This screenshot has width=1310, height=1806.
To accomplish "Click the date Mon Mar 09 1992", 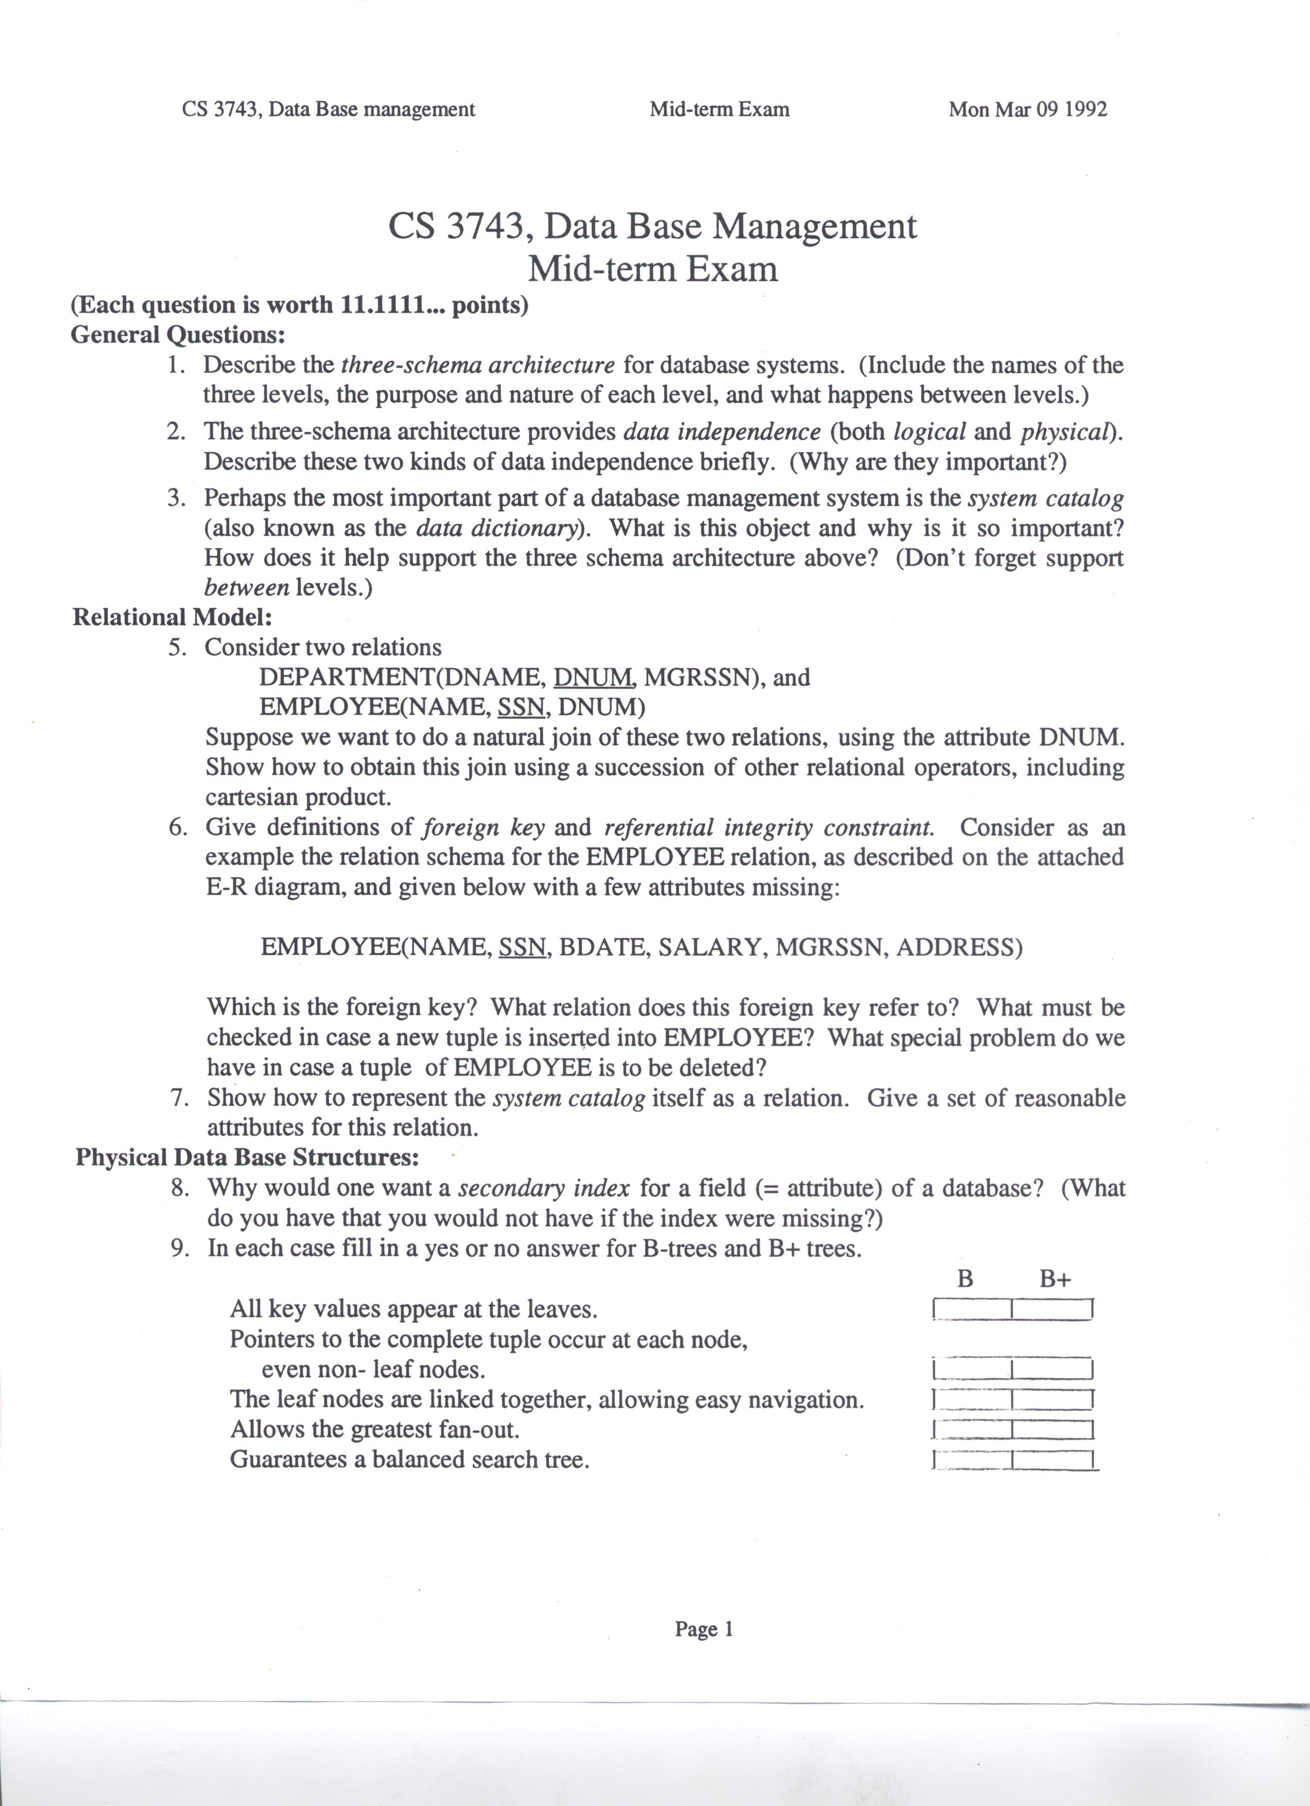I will click(1027, 109).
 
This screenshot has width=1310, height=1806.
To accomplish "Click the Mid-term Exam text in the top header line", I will click(719, 109).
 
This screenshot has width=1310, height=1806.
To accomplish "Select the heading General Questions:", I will click(178, 335).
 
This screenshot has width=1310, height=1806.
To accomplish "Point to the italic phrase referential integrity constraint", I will click(768, 827).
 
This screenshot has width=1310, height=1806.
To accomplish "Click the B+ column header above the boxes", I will click(1055, 1280).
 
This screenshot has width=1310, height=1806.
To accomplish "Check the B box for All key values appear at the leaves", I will click(972, 1309).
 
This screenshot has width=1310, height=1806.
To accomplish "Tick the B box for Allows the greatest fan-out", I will click(972, 1429).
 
